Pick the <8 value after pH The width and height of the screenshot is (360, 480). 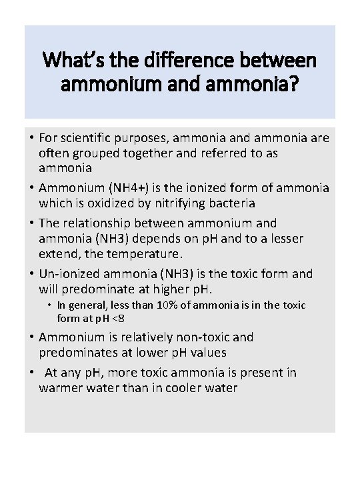click(117, 317)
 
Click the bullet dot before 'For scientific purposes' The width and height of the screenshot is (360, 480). click(31, 139)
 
